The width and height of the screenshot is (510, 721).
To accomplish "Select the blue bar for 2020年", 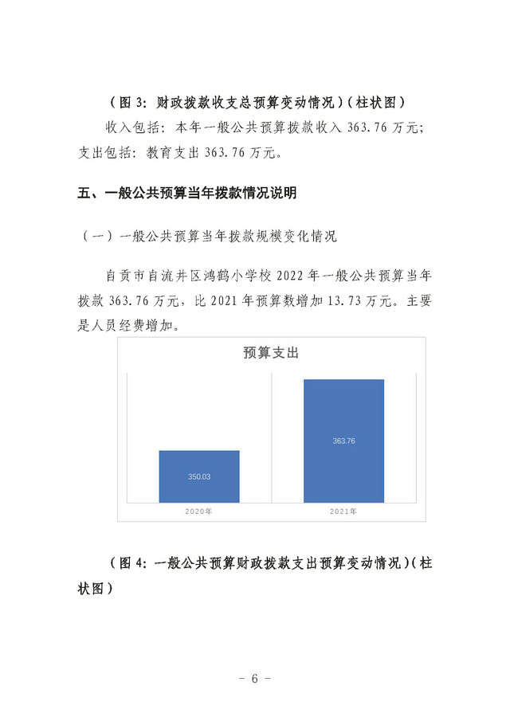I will click(x=198, y=476).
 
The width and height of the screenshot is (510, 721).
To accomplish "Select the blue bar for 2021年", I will click(x=343, y=441).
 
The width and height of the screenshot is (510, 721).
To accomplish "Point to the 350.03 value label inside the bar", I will click(x=198, y=476).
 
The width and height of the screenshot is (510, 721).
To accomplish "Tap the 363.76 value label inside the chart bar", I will click(x=343, y=441).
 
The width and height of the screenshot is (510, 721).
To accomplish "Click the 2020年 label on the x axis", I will click(x=198, y=510).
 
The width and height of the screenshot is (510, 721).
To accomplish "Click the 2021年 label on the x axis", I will click(x=343, y=510).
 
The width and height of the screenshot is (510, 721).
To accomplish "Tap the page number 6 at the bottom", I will click(x=255, y=679).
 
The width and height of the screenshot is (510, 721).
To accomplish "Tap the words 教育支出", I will click(x=171, y=151).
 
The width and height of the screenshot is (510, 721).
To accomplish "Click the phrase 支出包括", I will click(x=104, y=151).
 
